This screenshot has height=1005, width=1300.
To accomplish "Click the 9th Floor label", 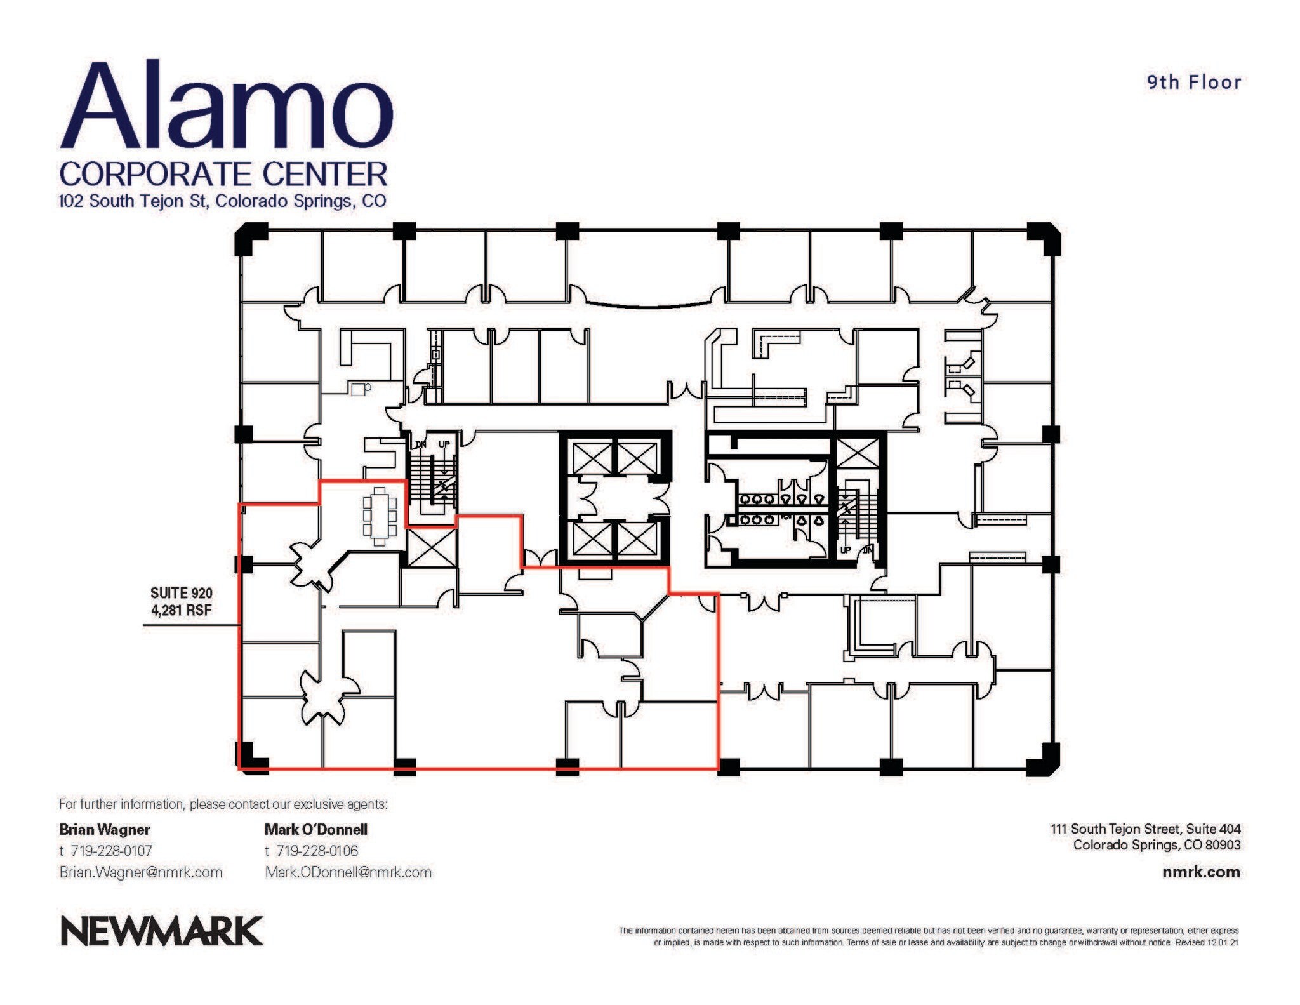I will tap(1193, 83).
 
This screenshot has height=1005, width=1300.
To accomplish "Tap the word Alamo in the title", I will tap(227, 106).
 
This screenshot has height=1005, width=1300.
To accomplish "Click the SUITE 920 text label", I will tap(181, 593).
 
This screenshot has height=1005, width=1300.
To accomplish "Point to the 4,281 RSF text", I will tap(181, 611).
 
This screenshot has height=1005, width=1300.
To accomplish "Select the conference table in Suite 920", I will tap(380, 516).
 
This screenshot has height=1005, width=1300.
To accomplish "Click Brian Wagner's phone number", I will tap(111, 851).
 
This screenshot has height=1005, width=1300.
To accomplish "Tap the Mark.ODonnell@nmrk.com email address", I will tap(348, 872).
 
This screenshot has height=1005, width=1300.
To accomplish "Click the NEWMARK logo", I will tap(161, 931).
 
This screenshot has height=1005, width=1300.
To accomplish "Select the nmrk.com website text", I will tap(1201, 872).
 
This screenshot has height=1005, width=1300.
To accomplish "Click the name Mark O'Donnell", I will tap(315, 829).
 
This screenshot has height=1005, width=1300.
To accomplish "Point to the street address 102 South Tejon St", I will tap(133, 201).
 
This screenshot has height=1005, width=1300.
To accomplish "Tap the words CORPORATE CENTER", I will tap(223, 174).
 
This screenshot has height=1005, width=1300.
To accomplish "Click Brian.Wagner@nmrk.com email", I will tap(141, 872).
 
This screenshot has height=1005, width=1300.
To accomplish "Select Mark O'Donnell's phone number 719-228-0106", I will tap(317, 851).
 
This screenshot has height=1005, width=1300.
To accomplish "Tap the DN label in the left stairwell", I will tap(420, 444).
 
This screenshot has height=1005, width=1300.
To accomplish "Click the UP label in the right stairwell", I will tap(846, 550).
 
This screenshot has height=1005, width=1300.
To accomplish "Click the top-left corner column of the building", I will tap(250, 239).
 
